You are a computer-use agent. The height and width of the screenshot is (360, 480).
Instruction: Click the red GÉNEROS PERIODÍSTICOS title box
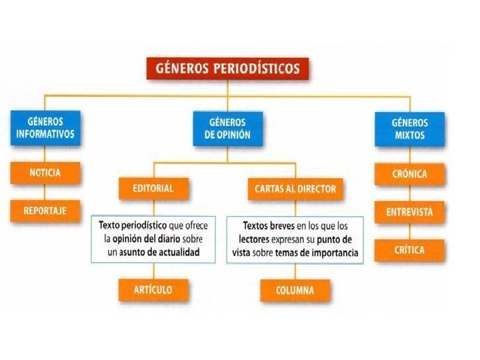click(x=227, y=68)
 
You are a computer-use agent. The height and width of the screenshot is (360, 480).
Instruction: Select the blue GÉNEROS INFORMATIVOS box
click(x=45, y=127)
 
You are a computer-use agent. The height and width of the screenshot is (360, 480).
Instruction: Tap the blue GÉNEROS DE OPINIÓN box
click(x=227, y=128)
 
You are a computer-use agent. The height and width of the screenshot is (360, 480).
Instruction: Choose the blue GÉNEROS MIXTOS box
click(x=410, y=128)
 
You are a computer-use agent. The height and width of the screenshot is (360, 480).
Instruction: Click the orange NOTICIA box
click(x=45, y=173)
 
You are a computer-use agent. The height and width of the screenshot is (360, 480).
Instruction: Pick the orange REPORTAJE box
click(x=45, y=210)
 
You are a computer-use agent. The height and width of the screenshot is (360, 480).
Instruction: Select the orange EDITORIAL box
click(x=153, y=189)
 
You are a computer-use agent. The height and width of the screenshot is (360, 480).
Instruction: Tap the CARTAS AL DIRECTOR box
click(x=295, y=189)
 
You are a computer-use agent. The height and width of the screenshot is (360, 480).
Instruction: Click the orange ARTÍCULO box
click(x=154, y=289)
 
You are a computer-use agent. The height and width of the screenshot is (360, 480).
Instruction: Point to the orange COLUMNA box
click(x=295, y=290)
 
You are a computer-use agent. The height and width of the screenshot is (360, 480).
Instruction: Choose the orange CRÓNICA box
click(x=409, y=174)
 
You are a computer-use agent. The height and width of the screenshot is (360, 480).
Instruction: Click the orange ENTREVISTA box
click(x=409, y=212)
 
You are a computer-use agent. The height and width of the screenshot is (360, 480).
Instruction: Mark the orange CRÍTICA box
click(x=409, y=250)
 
